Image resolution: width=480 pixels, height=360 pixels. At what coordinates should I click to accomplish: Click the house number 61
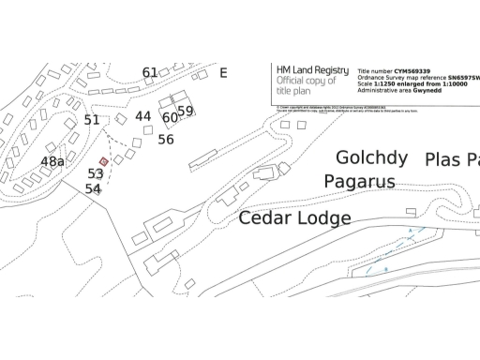[150, 72]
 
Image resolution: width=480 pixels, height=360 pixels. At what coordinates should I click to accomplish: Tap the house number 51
[92, 120]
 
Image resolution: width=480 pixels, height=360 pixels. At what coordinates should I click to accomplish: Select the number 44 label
[142, 116]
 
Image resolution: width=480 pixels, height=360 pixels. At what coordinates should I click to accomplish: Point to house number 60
[170, 118]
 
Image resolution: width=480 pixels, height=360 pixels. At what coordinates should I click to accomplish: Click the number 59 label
[186, 111]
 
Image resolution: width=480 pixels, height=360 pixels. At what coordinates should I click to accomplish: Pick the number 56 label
[166, 140]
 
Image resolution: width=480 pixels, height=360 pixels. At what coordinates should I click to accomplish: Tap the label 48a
[53, 161]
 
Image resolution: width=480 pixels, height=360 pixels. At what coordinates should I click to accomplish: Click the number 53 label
[96, 173]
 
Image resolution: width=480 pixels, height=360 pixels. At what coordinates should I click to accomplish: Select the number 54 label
[93, 188]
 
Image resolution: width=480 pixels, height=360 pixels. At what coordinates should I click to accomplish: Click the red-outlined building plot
[104, 161]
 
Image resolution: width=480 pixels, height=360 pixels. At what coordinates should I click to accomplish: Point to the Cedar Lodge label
[294, 218]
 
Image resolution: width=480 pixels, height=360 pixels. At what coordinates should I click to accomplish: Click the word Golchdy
[371, 157]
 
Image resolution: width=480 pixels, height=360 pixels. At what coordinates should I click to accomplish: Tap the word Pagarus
[360, 181]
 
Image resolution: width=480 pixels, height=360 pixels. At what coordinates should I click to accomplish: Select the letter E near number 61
[223, 72]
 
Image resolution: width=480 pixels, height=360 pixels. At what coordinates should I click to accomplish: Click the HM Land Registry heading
[312, 70]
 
